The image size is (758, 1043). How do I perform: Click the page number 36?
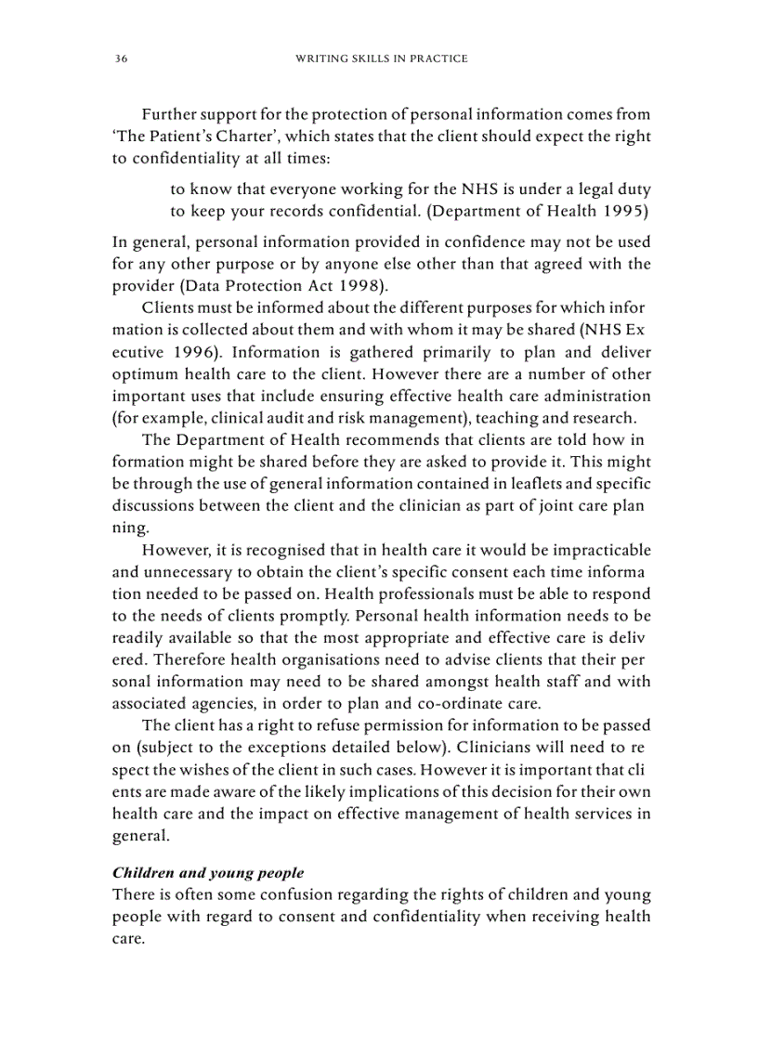point(121,59)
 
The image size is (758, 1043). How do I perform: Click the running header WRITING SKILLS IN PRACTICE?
point(381,59)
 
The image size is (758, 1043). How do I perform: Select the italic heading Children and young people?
point(208,873)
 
